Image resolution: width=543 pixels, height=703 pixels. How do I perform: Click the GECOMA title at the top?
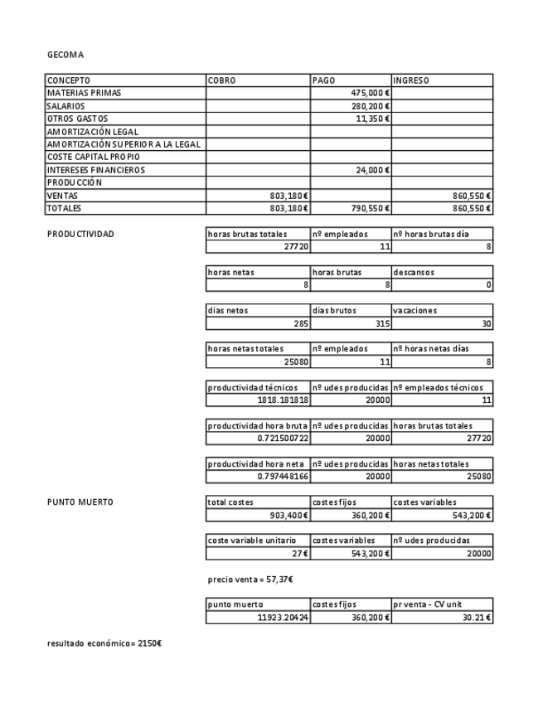coord(65,55)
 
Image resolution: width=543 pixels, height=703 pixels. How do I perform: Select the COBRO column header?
coord(222,80)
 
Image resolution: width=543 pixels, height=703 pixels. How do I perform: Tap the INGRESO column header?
coord(411,80)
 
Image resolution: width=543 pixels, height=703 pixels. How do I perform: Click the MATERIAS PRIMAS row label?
coord(84,93)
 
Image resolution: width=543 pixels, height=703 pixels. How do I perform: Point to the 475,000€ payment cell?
coord(371,93)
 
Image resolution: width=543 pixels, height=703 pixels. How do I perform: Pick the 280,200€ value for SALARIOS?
coord(371,106)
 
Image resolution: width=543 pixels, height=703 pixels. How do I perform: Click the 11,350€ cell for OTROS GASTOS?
coord(372,119)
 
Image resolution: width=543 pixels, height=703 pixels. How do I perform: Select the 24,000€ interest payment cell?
coord(372,170)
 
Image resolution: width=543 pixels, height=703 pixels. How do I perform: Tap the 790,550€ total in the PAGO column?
coord(371,208)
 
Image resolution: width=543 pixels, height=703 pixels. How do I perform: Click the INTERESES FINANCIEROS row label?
coord(95,170)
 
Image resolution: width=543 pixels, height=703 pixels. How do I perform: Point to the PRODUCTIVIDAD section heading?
coord(80,234)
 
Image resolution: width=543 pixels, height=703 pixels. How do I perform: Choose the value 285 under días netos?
coord(298,323)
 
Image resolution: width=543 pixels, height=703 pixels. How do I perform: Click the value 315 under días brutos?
coord(380,323)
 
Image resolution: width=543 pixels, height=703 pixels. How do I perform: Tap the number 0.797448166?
coord(277,477)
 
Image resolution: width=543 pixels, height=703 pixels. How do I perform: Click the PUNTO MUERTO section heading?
coord(80,502)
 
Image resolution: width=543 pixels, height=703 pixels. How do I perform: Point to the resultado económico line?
coord(104,643)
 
